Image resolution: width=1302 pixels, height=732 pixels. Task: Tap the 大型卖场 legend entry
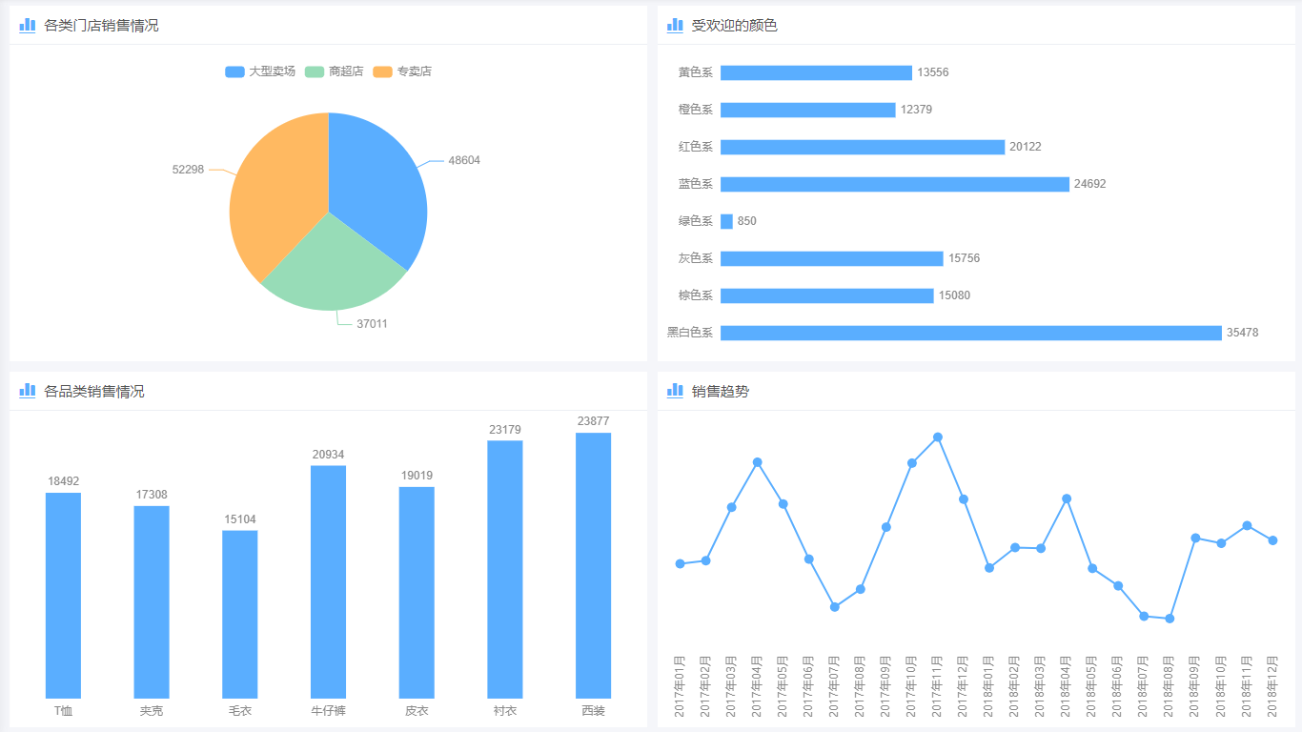(260, 71)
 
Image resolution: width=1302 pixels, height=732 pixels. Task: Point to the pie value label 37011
(372, 324)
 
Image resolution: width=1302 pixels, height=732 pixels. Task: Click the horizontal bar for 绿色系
(726, 221)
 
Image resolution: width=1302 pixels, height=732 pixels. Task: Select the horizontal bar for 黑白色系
(970, 333)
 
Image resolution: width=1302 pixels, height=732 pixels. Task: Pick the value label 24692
(1089, 184)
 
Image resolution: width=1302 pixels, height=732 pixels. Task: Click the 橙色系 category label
(696, 110)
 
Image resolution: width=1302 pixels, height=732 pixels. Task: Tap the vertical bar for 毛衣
(240, 614)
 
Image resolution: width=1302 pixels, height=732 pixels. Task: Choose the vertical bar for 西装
(593, 565)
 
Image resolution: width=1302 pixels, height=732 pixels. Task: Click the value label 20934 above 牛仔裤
(329, 455)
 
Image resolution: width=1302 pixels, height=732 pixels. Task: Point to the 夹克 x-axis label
(152, 711)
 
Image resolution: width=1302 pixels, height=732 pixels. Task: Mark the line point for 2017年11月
(938, 437)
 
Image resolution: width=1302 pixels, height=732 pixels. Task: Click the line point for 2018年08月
(1170, 619)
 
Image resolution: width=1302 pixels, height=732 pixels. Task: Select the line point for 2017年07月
(835, 607)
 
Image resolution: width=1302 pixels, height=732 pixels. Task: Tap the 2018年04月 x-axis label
(1067, 686)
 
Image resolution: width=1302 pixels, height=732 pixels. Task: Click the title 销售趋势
(720, 391)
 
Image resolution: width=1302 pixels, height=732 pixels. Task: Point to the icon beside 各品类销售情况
(28, 390)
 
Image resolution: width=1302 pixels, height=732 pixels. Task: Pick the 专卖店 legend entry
(403, 71)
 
